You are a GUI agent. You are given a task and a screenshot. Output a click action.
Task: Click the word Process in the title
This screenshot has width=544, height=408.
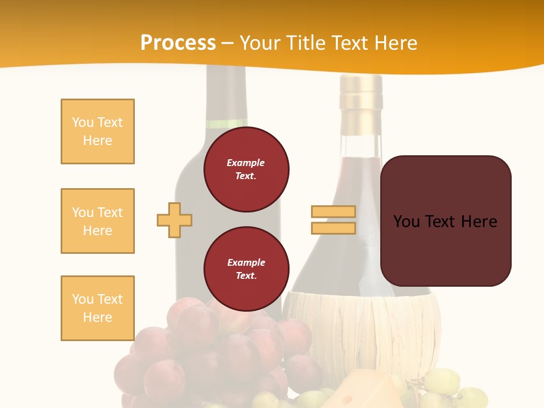pyautogui.click(x=178, y=43)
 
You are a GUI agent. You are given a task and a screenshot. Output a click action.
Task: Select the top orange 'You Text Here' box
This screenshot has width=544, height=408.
pyautogui.click(x=97, y=131)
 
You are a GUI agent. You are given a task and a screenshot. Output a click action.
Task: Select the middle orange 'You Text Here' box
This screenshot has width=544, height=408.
pyautogui.click(x=97, y=221)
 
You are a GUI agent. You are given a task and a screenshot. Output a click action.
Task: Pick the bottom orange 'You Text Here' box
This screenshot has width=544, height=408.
pyautogui.click(x=97, y=308)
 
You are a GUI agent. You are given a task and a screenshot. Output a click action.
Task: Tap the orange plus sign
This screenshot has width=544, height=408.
pyautogui.click(x=175, y=220)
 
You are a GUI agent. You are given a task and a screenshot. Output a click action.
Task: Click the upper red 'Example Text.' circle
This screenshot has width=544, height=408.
pyautogui.click(x=246, y=169)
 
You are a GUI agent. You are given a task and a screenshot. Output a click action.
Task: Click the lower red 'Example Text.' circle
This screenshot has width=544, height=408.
pyautogui.click(x=246, y=269)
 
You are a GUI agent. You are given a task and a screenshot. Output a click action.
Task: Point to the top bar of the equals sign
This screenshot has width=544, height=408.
pyautogui.click(x=333, y=212)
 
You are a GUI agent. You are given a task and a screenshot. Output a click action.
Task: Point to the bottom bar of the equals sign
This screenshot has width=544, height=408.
pyautogui.click(x=333, y=228)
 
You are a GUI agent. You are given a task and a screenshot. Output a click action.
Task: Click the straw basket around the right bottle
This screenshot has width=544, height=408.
pyautogui.click(x=363, y=329)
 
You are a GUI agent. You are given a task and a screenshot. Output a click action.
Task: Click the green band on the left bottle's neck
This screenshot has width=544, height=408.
pyautogui.click(x=227, y=124)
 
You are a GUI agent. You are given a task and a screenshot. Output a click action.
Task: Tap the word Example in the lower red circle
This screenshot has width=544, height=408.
pyautogui.click(x=246, y=262)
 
